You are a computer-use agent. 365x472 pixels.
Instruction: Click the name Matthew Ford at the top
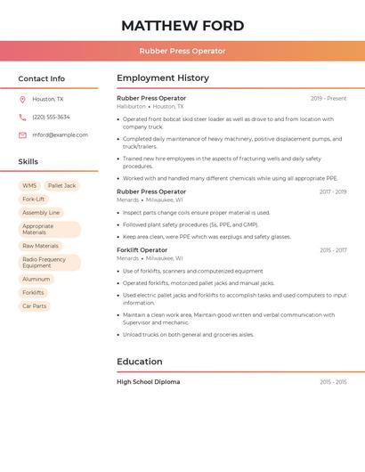tap(182, 25)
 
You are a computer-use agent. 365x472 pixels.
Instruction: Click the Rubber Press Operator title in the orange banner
tap(182, 51)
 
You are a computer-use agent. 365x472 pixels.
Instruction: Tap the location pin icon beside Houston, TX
tap(22, 99)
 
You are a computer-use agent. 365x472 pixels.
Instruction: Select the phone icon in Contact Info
tap(22, 117)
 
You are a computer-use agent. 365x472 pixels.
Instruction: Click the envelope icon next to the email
tap(22, 135)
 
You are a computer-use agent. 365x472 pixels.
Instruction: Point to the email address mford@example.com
tap(60, 135)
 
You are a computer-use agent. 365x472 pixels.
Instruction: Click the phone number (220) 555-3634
tap(51, 117)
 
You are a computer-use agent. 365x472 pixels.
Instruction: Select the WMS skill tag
tap(29, 185)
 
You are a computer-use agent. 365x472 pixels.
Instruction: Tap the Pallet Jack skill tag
tap(62, 185)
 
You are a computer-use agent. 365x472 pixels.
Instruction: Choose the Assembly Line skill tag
tap(41, 213)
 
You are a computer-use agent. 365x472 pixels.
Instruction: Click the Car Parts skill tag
tap(34, 305)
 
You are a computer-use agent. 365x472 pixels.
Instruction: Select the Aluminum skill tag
tap(36, 279)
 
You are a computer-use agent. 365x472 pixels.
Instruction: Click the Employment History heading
tap(163, 78)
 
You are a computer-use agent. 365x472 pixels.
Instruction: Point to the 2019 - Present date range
tap(328, 98)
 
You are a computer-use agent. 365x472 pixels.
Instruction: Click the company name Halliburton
tap(131, 106)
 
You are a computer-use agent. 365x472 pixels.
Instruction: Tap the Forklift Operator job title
tap(142, 250)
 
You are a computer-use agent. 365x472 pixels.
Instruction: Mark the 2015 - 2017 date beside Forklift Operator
tap(333, 250)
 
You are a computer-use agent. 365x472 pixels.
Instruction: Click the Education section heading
tap(140, 362)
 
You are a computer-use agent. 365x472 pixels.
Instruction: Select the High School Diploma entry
tap(148, 382)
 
